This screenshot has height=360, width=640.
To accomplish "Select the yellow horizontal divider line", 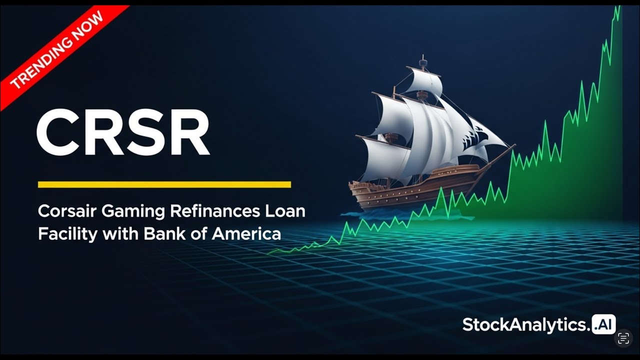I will [164, 184].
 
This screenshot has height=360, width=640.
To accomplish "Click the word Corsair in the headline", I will [67, 211].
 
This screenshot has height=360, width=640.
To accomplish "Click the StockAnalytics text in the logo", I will [525, 325].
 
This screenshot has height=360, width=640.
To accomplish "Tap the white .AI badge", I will [604, 324].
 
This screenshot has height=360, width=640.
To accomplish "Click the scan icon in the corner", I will [623, 338].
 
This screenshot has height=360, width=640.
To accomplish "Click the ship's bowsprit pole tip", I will [514, 145].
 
